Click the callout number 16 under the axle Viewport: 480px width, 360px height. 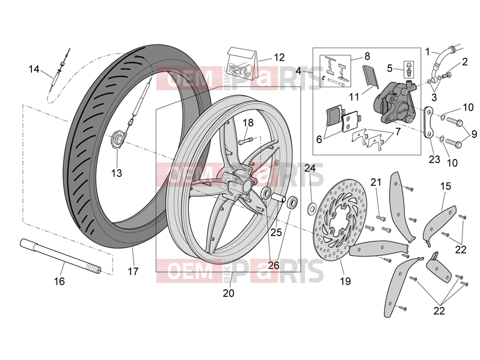coord(60,281)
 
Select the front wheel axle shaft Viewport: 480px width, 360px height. coord(61,256)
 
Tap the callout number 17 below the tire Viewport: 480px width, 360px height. coord(133,271)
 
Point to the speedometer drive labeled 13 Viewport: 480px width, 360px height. coord(118,139)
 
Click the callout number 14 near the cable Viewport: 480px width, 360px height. coord(34,69)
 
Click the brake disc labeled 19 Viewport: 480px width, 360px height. coord(340,220)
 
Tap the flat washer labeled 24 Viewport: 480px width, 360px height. coord(312,209)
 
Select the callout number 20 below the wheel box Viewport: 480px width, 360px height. coord(229,293)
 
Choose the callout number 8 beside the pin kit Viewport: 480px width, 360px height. coord(368,56)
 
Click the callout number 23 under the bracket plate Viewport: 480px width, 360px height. coord(434,160)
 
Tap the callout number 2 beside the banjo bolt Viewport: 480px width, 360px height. coord(465,62)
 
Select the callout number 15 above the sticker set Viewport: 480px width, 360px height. coord(446,186)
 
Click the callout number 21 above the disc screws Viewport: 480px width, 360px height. coord(376,182)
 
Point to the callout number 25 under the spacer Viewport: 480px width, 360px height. coord(276,232)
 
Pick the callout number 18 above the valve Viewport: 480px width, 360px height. coord(248,123)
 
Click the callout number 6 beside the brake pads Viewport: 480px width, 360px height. coord(319,140)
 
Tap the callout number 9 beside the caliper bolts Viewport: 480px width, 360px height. coord(474,134)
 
